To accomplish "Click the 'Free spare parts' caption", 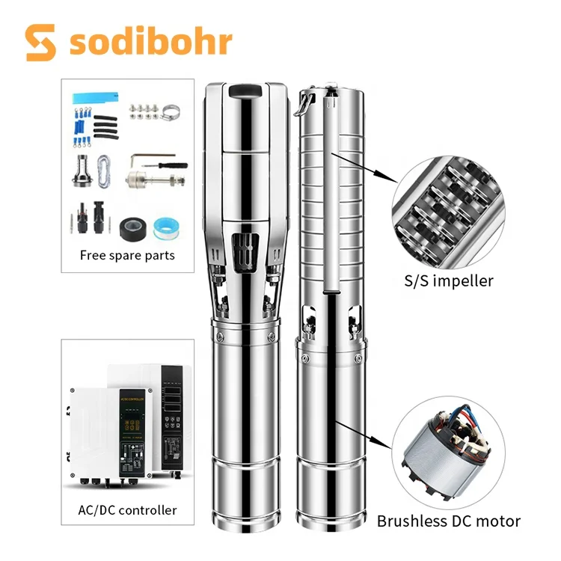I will [x=127, y=254].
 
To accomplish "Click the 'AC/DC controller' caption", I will [x=128, y=510].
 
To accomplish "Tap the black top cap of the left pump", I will [x=244, y=93].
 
